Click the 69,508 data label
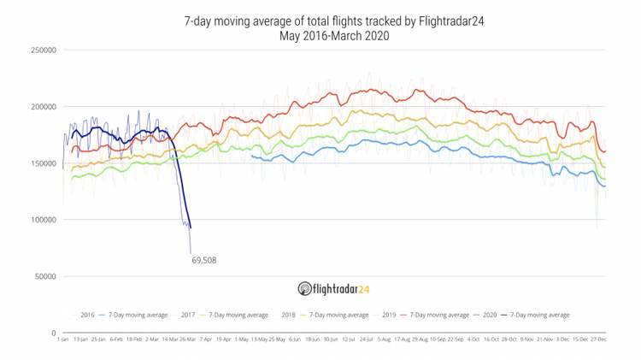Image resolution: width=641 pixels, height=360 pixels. pos(203,258)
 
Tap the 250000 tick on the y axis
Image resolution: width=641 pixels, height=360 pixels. pos(44,50)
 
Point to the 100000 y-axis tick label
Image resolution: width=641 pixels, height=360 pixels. pos(44,220)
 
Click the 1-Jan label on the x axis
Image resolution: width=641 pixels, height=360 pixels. pos(62,339)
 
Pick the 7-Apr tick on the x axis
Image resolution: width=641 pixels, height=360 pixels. pos(204,339)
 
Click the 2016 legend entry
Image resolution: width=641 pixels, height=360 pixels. pos(87,316)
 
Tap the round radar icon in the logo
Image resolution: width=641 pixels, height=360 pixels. pos(304,288)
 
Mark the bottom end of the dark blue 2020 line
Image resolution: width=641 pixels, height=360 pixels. pos(191,227)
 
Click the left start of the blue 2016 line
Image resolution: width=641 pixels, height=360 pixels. pos(252,156)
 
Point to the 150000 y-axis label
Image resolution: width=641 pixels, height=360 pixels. pos(44,163)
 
